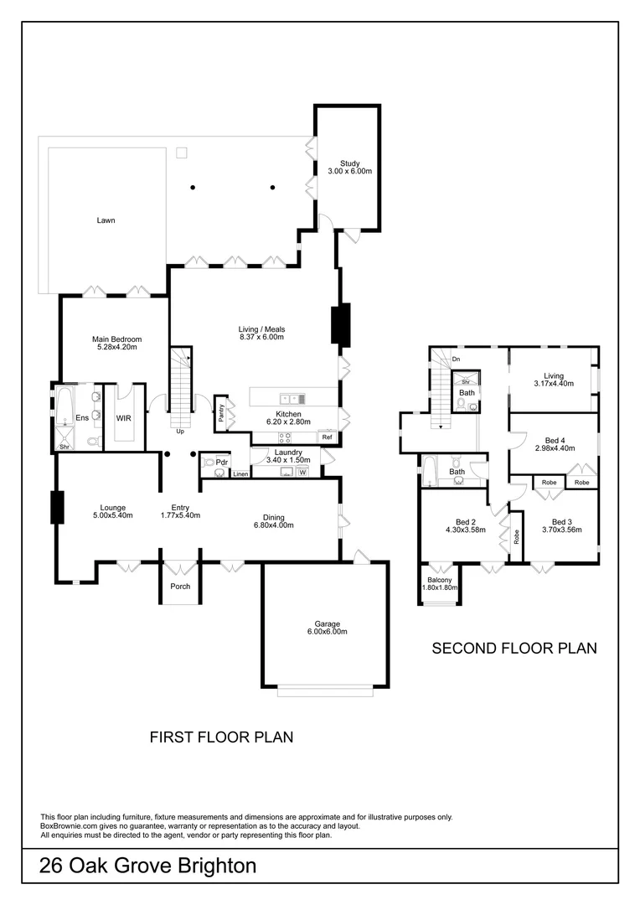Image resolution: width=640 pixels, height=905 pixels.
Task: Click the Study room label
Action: [x=349, y=163]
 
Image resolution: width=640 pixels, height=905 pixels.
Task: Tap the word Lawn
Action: [x=106, y=220]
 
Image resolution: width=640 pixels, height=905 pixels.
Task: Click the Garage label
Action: [x=326, y=623]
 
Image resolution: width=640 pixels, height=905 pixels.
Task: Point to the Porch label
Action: [x=180, y=587]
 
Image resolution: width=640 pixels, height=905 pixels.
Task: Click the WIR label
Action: [x=123, y=416]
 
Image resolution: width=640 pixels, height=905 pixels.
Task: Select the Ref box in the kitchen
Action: [x=327, y=437]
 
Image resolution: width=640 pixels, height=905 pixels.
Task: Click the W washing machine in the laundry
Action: [x=302, y=473]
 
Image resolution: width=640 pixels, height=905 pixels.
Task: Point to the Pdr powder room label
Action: [x=221, y=462]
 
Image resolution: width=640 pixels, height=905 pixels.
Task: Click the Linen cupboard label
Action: [x=240, y=474]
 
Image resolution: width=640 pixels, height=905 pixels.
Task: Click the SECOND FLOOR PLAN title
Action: [x=514, y=648]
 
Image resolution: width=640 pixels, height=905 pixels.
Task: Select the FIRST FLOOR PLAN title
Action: [x=221, y=737]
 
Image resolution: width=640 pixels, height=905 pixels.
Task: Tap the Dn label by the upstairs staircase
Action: [x=456, y=359]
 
